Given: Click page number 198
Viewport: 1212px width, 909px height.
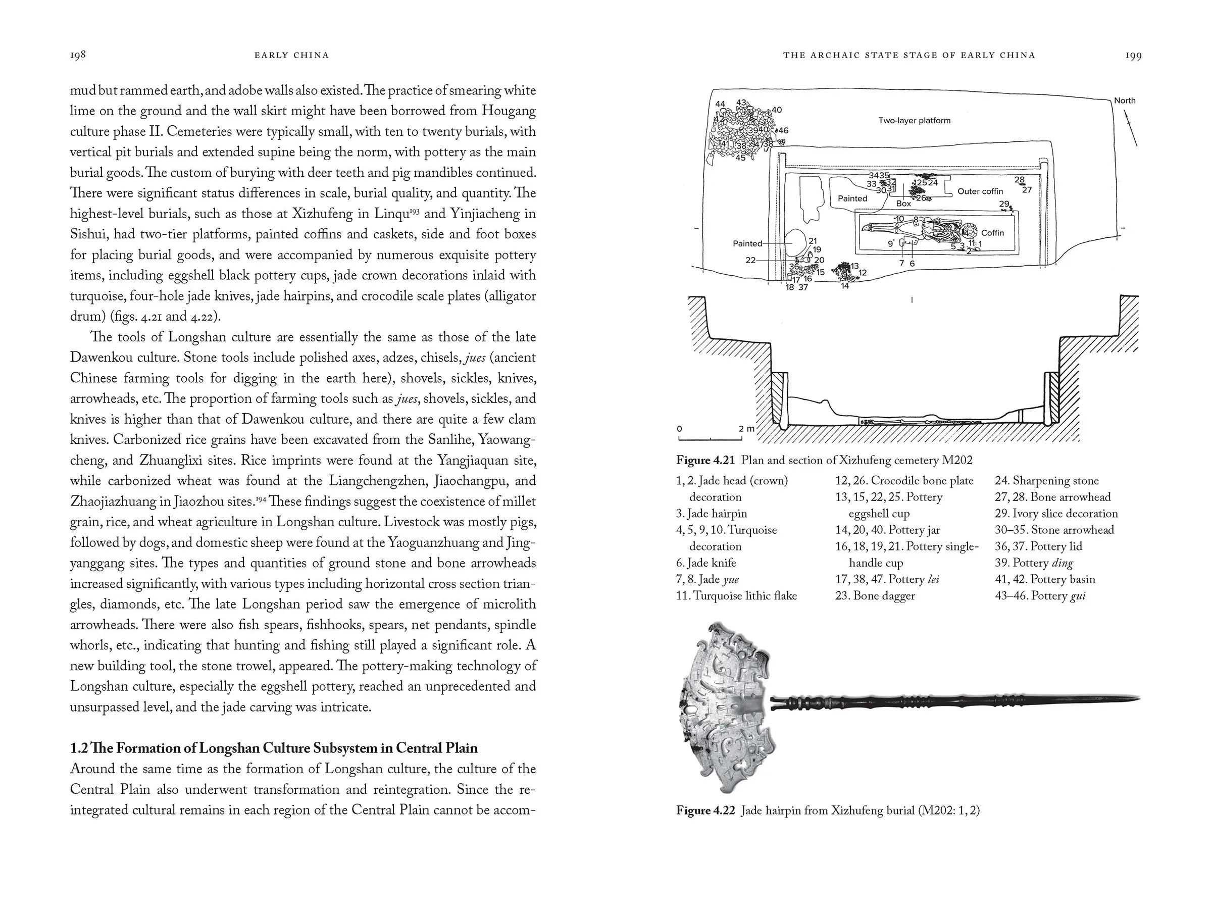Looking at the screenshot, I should pos(78,55).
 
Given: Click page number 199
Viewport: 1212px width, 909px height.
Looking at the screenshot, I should pos(1134,55).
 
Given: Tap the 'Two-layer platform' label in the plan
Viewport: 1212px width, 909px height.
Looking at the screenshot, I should pos(914,121).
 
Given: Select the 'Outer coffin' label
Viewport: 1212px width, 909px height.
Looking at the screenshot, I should pos(980,191).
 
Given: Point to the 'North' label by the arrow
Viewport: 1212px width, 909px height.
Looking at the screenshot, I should pos(1124,101).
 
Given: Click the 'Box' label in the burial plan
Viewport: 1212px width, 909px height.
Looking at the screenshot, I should pos(903,204).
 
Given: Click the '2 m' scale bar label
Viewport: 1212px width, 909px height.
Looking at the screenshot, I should pos(746,429).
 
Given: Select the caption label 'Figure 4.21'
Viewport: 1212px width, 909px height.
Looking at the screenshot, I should pos(704,460).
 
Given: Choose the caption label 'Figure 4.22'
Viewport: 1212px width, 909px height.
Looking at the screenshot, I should pos(704,811).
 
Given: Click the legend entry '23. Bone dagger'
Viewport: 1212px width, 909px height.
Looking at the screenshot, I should pos(875,595).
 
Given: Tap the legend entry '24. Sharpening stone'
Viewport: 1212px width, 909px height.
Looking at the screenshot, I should pos(1046,481).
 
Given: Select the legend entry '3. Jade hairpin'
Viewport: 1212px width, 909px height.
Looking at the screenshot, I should pos(711,514).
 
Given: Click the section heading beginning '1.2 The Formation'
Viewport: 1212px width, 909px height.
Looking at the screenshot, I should pos(273,748).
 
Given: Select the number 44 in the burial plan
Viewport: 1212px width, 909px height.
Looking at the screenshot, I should pos(721,104).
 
